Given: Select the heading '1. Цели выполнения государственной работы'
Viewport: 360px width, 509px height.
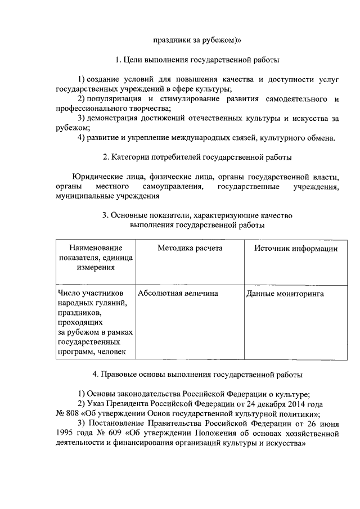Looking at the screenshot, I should coord(197,60).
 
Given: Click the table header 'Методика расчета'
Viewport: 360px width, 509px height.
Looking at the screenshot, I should coord(190,248).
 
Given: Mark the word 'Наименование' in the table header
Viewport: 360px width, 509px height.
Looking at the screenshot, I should coord(96,248).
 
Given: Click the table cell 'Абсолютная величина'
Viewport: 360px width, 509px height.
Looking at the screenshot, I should coord(177,294).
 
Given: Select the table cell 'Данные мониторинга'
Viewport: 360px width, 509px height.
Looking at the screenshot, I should coord(285,294).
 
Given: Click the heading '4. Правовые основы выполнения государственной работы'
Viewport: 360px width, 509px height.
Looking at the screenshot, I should coord(197,374).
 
